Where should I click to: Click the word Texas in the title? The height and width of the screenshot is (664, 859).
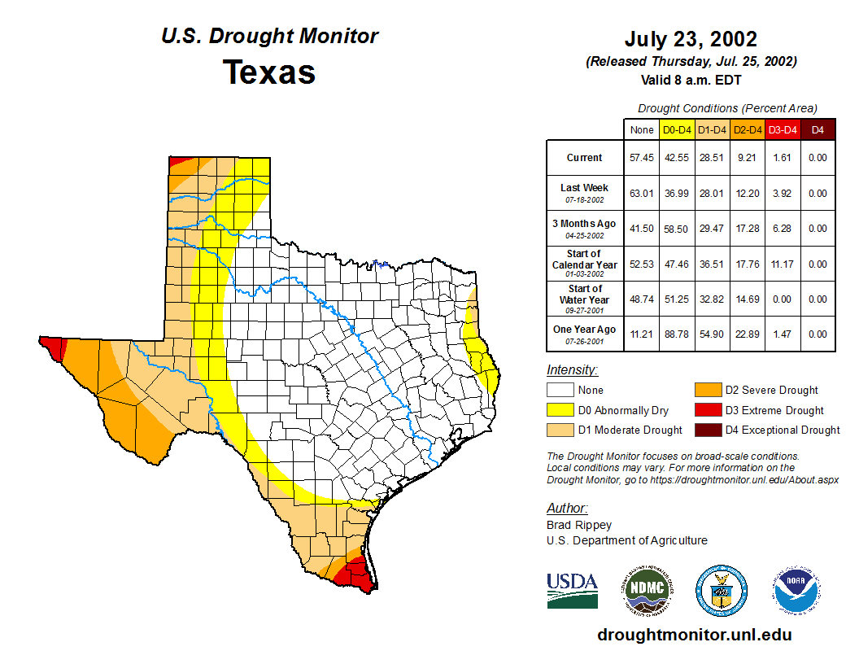(269, 72)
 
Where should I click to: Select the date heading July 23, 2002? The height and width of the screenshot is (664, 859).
(691, 39)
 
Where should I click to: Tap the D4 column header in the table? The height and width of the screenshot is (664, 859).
(818, 129)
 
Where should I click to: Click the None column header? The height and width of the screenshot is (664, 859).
(642, 129)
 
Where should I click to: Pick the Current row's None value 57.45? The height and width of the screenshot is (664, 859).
(642, 158)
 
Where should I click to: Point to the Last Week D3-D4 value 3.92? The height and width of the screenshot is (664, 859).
(783, 194)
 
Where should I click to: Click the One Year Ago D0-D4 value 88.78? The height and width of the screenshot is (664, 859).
(677, 334)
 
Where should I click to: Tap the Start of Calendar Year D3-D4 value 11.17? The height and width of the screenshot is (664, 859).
(783, 264)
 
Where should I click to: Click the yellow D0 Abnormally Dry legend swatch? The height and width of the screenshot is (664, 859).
(560, 410)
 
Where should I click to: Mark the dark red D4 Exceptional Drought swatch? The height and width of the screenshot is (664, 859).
(708, 430)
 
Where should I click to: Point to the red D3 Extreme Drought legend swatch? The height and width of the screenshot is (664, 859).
(708, 410)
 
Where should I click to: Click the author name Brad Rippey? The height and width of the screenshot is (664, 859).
(579, 525)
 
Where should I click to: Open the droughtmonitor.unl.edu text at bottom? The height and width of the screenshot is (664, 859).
(694, 635)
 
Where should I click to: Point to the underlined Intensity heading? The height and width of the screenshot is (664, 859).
(572, 370)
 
